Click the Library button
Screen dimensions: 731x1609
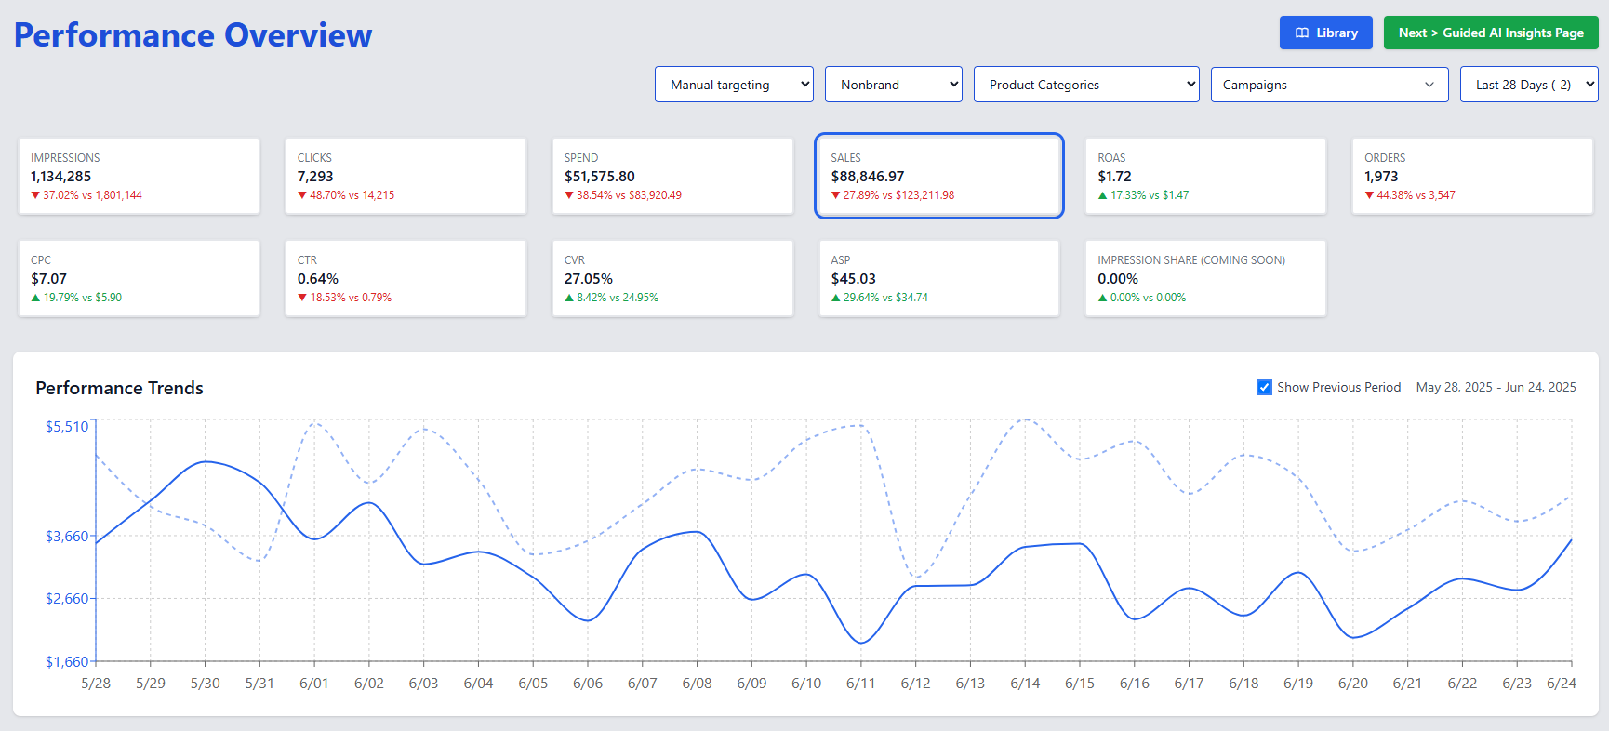1325,33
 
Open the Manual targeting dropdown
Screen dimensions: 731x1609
733,85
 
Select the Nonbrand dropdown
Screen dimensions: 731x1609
893,85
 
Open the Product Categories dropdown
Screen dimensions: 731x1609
1085,85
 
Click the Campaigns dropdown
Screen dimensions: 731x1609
1328,85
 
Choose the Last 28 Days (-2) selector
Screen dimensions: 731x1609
1528,85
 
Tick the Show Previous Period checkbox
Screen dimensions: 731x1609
1264,388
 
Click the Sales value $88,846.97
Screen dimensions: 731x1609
867,177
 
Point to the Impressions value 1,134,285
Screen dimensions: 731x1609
60,177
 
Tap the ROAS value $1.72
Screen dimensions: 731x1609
1114,177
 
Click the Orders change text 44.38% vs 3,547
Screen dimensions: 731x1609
1415,195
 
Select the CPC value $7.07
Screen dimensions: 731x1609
48,279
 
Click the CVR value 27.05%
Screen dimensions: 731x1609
588,279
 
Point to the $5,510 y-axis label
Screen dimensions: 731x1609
66,427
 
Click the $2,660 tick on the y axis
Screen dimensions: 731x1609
66,599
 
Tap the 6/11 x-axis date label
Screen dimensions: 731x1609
860,684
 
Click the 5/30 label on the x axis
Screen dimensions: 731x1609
205,684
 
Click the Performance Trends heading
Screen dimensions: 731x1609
119,389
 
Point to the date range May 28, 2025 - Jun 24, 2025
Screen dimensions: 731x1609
1496,388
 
